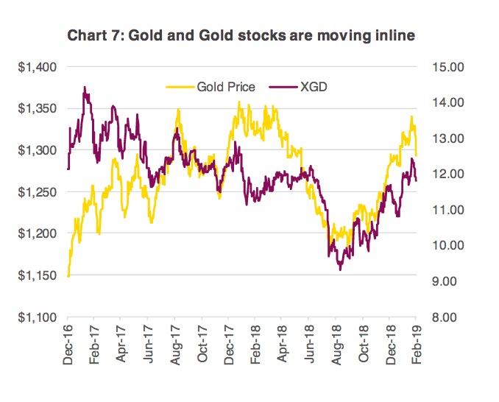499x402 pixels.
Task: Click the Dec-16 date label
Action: (68, 346)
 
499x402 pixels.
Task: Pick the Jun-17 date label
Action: (149, 346)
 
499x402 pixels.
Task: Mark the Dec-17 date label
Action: (230, 346)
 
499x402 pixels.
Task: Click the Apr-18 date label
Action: (283, 346)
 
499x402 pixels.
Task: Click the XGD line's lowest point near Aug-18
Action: (340, 270)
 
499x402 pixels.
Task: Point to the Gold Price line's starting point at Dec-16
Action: (68, 276)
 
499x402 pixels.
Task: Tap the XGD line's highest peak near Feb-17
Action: (85, 87)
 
